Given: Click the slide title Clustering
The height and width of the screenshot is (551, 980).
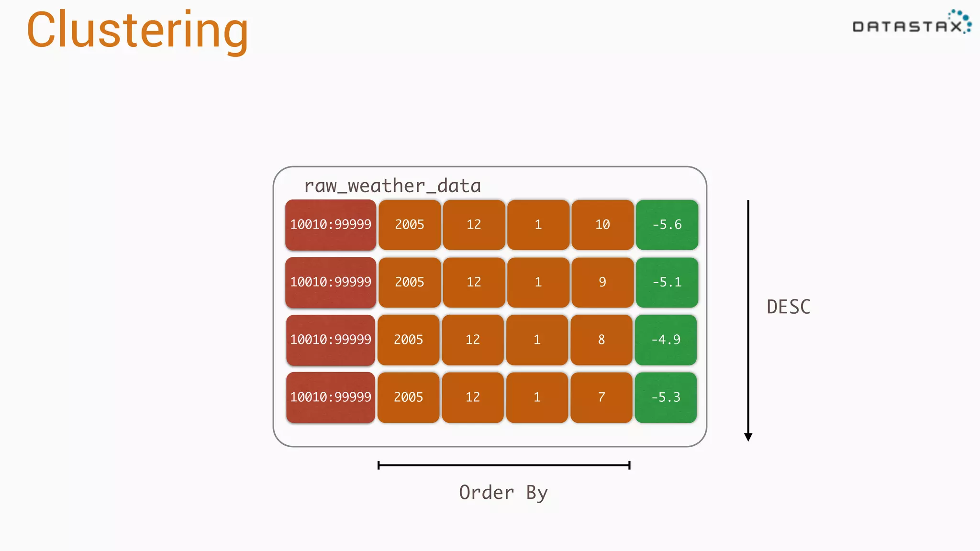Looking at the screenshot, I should [x=137, y=31].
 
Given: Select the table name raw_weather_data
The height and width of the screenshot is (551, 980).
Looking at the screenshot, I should [x=392, y=186].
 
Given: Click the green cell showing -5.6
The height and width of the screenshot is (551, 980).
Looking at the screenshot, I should [x=667, y=225].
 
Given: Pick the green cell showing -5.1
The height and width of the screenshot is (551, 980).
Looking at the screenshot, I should [x=667, y=282].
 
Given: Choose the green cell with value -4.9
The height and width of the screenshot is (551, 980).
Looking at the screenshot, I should [x=666, y=340].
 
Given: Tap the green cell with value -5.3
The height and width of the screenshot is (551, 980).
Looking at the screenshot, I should [x=666, y=397].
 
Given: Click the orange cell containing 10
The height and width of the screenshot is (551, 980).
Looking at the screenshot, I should [x=602, y=225].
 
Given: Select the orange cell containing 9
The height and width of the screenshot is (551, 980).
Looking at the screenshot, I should [x=602, y=282].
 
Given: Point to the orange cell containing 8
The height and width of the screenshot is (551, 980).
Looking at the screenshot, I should [x=601, y=340].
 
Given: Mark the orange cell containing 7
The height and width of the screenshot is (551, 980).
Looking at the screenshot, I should [x=601, y=397].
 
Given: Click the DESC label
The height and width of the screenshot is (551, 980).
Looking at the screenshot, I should [x=789, y=307].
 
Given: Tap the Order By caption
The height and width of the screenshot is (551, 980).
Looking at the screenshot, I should [x=503, y=493].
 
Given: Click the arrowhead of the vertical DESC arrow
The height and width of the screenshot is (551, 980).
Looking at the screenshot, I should [x=748, y=436].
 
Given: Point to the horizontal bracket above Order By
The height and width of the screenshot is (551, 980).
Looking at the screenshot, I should [x=503, y=465].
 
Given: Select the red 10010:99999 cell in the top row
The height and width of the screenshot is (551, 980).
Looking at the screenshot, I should [x=331, y=225].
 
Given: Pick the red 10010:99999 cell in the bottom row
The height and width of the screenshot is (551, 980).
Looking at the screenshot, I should [x=331, y=397].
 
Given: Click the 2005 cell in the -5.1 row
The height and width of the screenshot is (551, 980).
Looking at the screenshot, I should [x=410, y=282].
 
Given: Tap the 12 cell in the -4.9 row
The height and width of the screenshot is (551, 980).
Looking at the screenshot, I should [x=473, y=340].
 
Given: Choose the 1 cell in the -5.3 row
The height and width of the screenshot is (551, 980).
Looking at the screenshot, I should [x=537, y=397].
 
